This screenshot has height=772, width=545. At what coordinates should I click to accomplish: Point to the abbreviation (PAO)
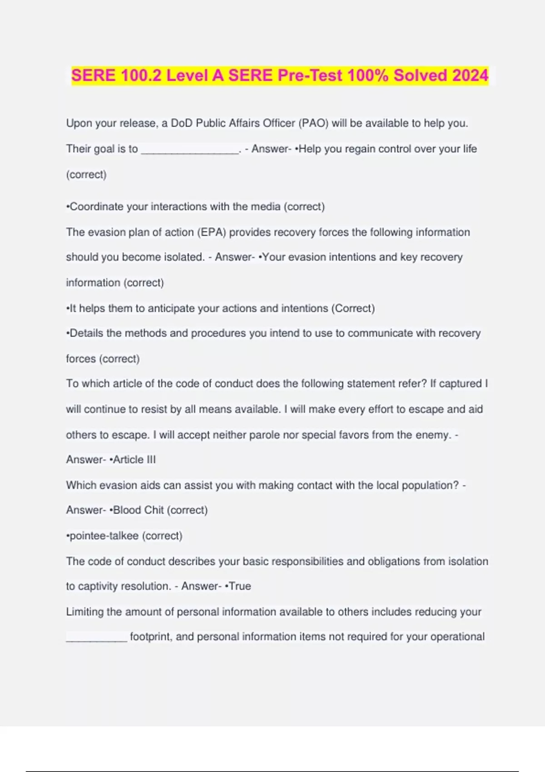313,123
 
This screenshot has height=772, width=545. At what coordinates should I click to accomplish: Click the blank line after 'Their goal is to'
190,150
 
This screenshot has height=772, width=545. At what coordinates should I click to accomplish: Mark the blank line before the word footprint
96,638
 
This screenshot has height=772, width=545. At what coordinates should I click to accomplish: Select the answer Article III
134,460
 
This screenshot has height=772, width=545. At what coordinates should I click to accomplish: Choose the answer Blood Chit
138,510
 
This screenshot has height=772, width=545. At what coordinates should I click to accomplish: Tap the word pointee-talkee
104,536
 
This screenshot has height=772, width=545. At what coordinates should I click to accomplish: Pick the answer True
240,586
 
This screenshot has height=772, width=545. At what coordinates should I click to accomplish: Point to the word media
266,207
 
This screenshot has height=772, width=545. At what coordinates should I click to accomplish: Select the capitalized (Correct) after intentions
353,308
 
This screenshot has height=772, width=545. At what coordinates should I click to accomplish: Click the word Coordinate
97,207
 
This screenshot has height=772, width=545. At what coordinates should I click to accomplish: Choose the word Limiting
85,612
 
